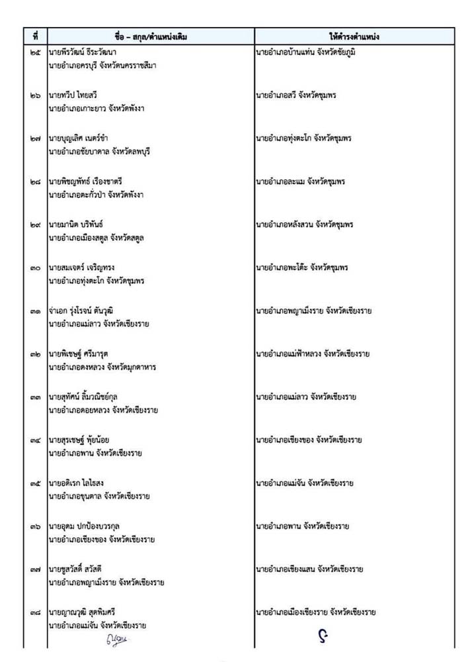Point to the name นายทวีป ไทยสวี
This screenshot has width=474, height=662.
[73, 95]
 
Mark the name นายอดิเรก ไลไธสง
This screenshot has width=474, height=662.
[76, 483]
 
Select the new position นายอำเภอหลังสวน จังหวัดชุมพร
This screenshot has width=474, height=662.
[304, 224]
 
